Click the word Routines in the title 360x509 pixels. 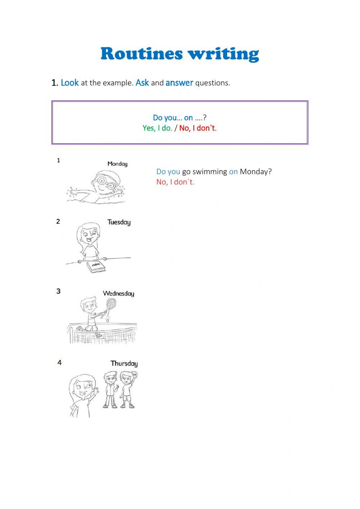(x=141, y=54)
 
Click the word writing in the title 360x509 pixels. (x=224, y=54)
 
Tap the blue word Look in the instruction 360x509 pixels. (x=69, y=83)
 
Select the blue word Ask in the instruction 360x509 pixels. (x=142, y=83)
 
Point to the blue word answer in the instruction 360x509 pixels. (x=179, y=83)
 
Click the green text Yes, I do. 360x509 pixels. (x=157, y=128)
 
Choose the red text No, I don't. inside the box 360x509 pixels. (x=198, y=128)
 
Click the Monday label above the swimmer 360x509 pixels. (x=117, y=164)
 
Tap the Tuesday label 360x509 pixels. (x=119, y=222)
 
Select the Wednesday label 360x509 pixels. (x=118, y=294)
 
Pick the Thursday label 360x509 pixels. (x=124, y=363)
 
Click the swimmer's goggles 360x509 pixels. (x=105, y=183)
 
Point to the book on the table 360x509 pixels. (x=96, y=267)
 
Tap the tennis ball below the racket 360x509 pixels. (x=107, y=320)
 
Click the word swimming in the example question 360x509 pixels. (x=210, y=172)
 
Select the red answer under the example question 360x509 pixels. (x=175, y=182)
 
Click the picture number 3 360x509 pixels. (x=58, y=291)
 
